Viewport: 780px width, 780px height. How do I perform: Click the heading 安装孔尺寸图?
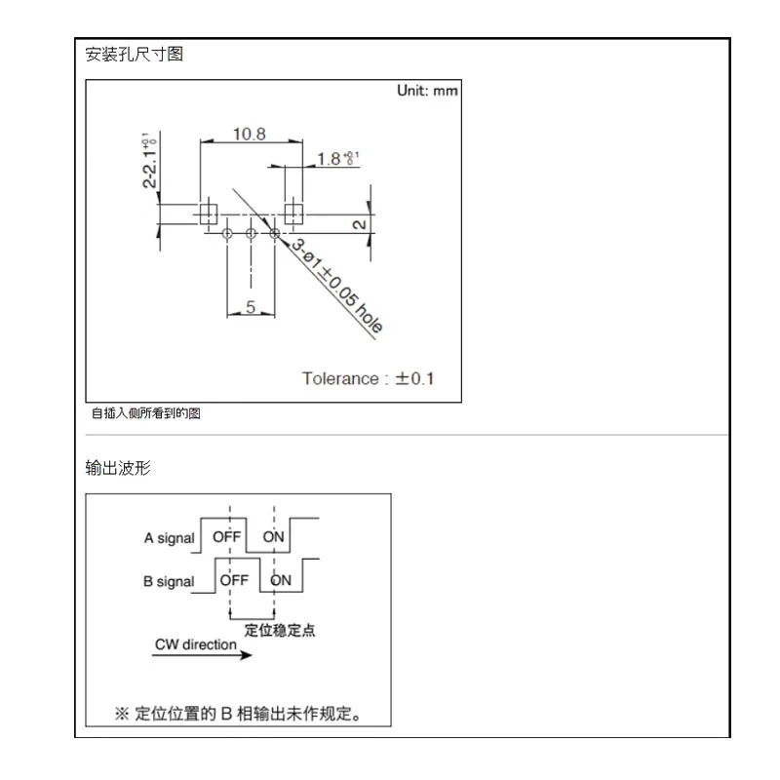click(135, 55)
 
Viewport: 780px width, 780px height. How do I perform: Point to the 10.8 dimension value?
click(249, 134)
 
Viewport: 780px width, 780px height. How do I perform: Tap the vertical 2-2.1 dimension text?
click(150, 161)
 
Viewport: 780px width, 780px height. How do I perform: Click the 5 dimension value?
click(251, 308)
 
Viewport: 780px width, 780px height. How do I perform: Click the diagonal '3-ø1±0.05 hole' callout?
click(337, 289)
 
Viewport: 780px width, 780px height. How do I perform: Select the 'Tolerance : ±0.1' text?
click(368, 378)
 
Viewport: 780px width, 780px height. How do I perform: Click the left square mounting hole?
click(208, 214)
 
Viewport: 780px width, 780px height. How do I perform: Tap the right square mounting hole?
click(293, 214)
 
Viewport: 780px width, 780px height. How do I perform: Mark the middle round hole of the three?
click(251, 233)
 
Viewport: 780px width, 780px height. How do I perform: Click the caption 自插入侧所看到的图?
click(146, 414)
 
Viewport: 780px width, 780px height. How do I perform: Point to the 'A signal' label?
click(169, 537)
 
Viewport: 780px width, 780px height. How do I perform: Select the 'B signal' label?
click(169, 581)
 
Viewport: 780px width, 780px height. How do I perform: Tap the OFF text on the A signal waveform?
click(226, 536)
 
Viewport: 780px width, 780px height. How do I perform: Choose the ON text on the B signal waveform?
click(281, 580)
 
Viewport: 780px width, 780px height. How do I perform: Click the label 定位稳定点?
click(279, 630)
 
